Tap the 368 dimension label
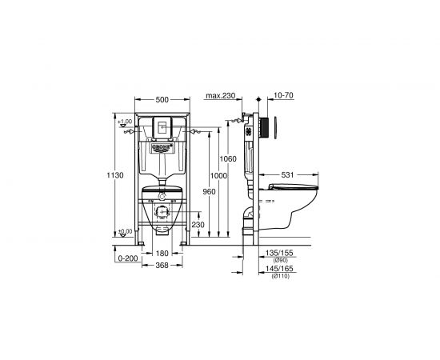click(x=162, y=266)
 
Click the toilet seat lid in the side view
click(x=294, y=187)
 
